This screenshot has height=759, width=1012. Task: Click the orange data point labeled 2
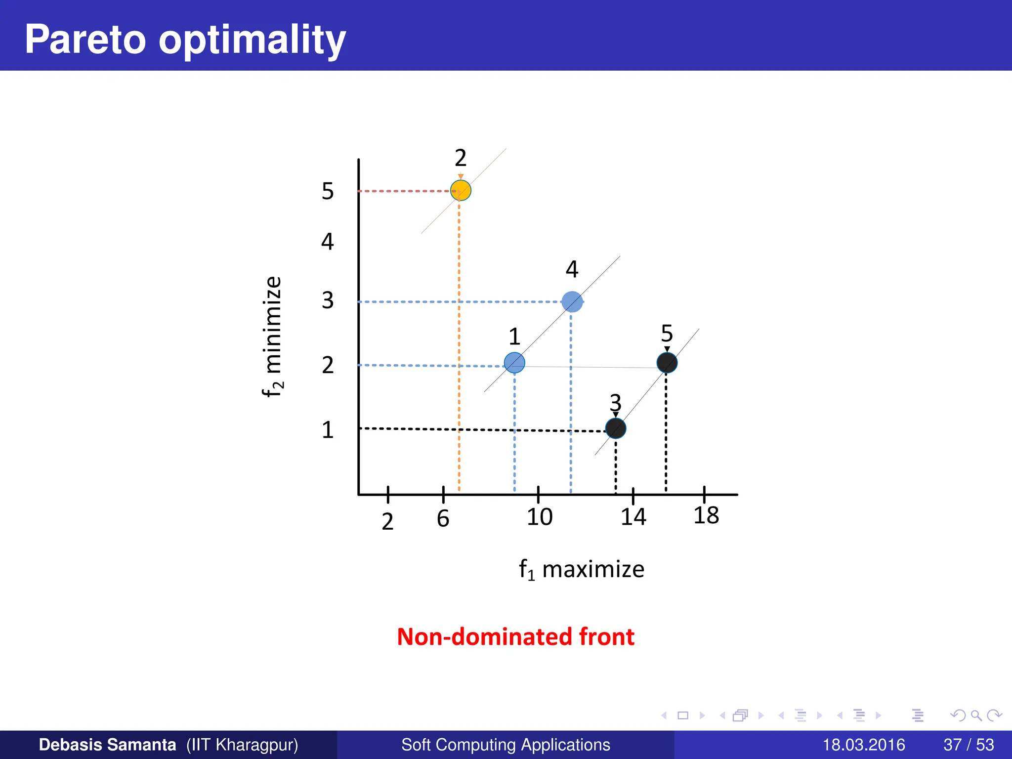point(461,190)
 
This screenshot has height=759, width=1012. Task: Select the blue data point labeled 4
point(572,301)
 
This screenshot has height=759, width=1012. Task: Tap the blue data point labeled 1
point(514,363)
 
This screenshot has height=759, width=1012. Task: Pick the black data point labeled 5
point(667,363)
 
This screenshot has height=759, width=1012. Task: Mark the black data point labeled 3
point(616,428)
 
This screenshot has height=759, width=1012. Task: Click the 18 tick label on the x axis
point(706,516)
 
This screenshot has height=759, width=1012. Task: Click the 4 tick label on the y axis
point(328,242)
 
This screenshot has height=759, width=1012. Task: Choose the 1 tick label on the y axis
point(328,430)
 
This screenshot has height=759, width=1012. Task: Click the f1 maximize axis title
point(581,570)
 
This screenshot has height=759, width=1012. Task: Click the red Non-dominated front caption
point(515,636)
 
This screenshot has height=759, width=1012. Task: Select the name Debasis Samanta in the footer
point(107,745)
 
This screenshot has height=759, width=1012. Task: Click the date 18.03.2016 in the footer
point(863,745)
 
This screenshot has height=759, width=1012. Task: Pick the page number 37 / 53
point(969,745)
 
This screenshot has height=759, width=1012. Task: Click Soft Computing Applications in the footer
point(506,745)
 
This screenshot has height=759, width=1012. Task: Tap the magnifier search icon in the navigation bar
point(976,715)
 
